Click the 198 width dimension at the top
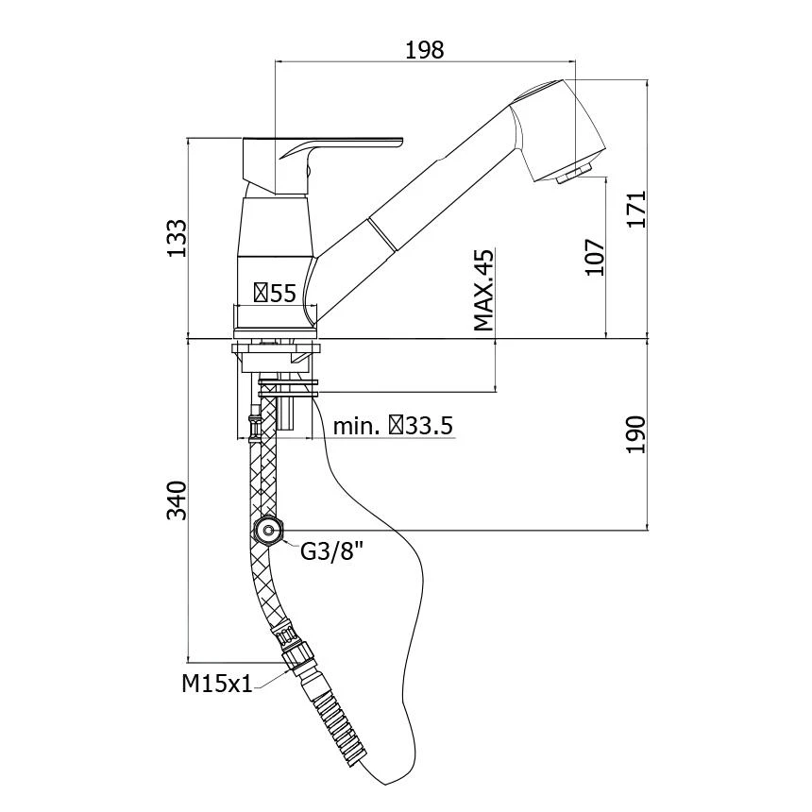pos(424,49)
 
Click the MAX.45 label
pos(483,290)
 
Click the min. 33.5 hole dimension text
pos(393,425)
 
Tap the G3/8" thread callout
pos(331,551)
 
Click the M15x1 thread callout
pos(217,684)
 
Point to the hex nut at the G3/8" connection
pos(271,532)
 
